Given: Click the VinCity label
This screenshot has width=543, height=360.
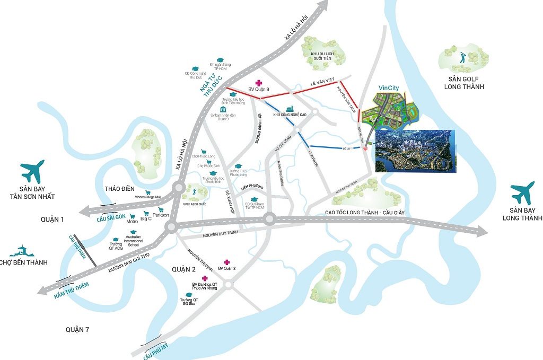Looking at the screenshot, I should (x=389, y=88).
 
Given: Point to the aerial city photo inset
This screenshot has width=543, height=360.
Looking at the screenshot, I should (x=415, y=151).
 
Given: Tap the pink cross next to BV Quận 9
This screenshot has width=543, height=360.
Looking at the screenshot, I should (x=259, y=83).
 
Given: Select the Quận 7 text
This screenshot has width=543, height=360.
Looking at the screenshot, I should (x=77, y=330).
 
